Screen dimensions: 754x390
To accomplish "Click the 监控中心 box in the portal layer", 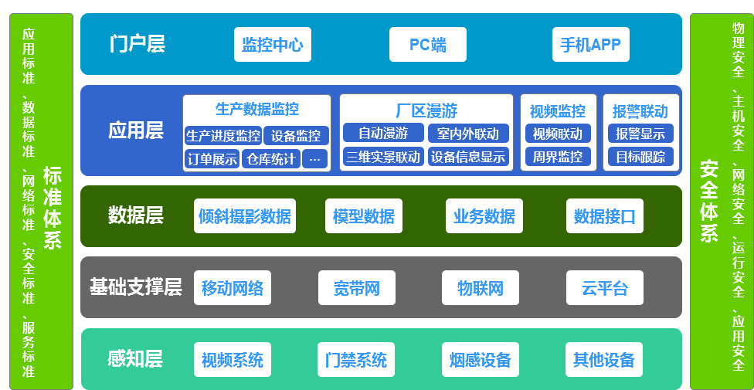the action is [x=273, y=44].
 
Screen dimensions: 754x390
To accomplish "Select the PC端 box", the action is [x=428, y=44].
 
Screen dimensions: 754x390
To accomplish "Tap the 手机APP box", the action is [x=590, y=44].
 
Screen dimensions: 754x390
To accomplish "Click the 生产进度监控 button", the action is [x=223, y=136].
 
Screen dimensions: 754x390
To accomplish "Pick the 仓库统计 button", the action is [x=271, y=158].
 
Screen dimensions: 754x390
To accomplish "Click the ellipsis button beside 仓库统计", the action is [x=315, y=158].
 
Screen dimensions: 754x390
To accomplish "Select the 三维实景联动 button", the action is [x=384, y=156].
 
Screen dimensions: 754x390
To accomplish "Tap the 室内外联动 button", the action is [x=468, y=133].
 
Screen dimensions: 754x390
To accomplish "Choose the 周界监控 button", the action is [x=558, y=156].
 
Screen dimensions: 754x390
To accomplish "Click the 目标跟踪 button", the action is [x=640, y=156].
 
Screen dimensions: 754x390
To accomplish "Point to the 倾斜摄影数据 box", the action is [x=245, y=216].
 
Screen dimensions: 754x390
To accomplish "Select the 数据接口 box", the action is [x=605, y=216].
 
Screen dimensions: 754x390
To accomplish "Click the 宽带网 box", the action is [x=357, y=287].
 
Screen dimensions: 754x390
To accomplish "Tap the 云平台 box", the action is [x=605, y=287].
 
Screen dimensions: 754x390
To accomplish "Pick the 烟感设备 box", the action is [x=481, y=359].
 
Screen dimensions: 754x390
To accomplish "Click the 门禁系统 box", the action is [x=356, y=359].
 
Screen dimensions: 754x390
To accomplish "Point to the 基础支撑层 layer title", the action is [x=136, y=287].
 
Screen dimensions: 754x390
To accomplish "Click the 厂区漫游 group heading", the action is [x=426, y=110].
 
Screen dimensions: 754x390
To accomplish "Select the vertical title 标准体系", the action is [x=53, y=208].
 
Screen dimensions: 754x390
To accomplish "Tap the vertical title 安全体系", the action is [x=708, y=201].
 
